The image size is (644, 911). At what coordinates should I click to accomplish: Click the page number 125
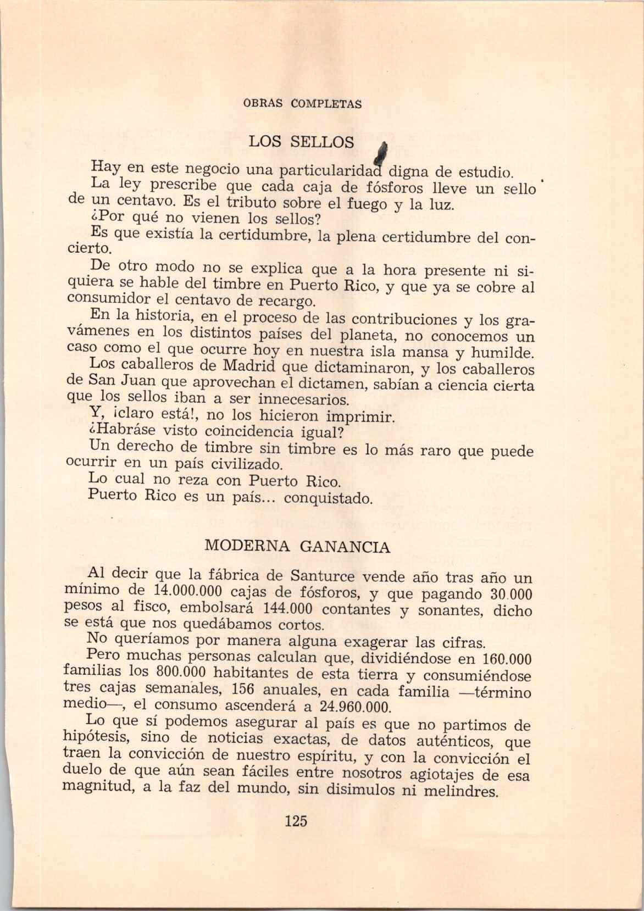point(296,821)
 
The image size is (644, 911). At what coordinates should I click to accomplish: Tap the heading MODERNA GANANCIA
point(297,547)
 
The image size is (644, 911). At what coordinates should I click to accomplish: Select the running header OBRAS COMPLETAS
point(302,103)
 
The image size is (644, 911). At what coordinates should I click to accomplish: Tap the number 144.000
point(288,608)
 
